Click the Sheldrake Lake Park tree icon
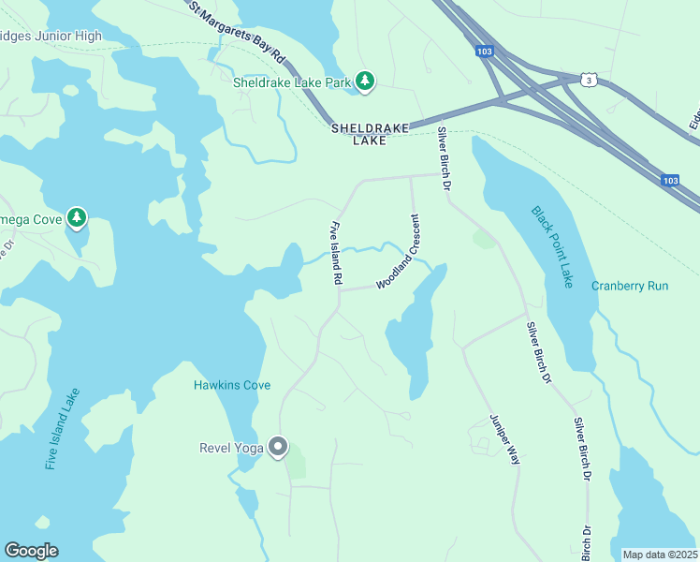click(365, 82)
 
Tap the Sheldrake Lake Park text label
click(291, 82)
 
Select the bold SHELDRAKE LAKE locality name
click(370, 134)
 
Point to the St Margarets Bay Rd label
click(237, 31)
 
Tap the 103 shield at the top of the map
click(483, 52)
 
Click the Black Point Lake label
click(551, 247)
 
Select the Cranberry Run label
click(630, 286)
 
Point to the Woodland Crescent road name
click(399, 251)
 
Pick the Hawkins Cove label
click(232, 385)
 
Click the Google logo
click(31, 551)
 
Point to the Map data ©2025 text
click(660, 555)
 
